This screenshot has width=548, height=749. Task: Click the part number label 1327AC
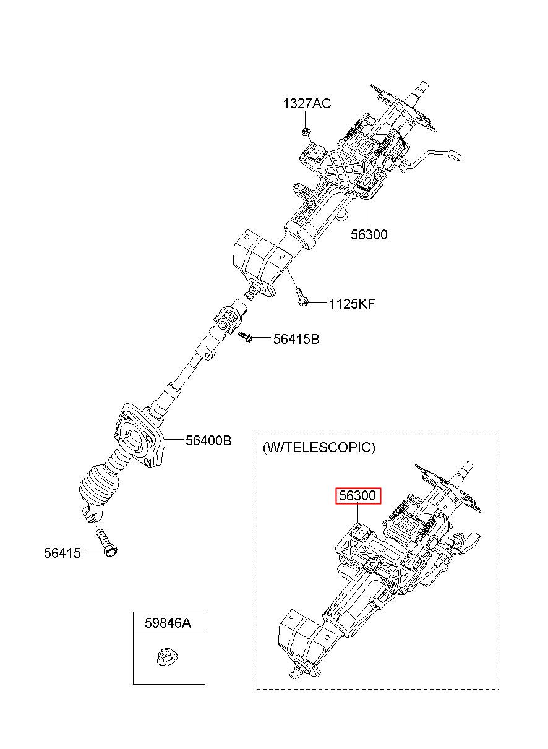click(x=307, y=104)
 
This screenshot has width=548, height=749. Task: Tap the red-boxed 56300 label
click(x=357, y=495)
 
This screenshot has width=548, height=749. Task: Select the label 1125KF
click(x=352, y=304)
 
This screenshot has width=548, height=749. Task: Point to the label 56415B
click(x=296, y=339)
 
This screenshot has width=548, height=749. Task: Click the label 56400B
click(x=208, y=440)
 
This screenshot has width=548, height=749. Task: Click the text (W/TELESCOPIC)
click(x=319, y=447)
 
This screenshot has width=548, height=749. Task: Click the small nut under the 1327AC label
click(x=305, y=131)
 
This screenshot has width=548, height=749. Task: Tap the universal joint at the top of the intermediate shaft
click(x=226, y=324)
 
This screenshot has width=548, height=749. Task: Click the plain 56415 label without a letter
click(x=62, y=553)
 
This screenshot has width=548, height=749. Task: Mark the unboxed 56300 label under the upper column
click(x=369, y=234)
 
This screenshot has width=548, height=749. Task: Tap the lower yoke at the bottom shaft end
click(x=93, y=515)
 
